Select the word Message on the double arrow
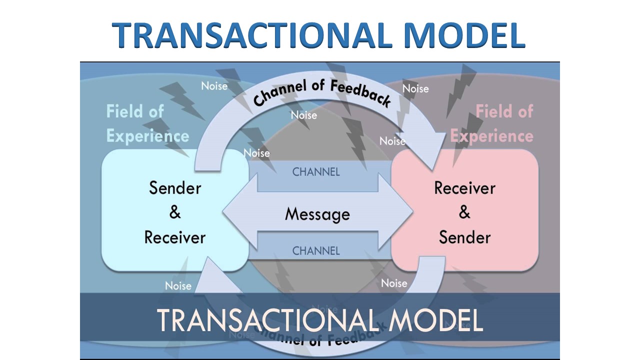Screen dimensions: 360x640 tap(317, 214)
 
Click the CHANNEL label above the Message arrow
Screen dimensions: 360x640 tap(316, 172)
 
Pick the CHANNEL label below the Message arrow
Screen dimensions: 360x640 tap(316, 250)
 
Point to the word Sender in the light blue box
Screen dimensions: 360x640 tap(175, 188)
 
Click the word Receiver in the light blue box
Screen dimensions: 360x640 tap(175, 237)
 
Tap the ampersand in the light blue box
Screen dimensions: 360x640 tap(175, 212)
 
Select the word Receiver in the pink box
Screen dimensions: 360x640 tap(464, 188)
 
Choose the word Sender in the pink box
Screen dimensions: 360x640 tap(464, 237)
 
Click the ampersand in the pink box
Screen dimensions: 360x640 tap(464, 212)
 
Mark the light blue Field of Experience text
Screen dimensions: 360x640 tap(147, 123)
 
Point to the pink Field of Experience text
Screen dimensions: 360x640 tap(492, 123)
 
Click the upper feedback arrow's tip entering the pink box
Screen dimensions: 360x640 tap(435, 160)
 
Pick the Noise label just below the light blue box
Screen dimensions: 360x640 tap(178, 286)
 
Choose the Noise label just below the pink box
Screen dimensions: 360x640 tap(394, 283)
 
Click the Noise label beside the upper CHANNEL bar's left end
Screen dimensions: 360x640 tap(256, 153)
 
